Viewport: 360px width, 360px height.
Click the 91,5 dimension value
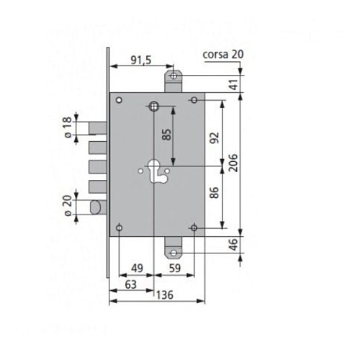[x=141, y=60]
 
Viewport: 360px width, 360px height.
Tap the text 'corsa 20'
[x=223, y=55]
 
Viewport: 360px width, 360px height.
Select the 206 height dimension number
[x=233, y=163]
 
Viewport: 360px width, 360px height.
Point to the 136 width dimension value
[x=165, y=295]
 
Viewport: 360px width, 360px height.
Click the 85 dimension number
[x=167, y=135]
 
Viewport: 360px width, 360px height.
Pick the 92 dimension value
[x=215, y=138]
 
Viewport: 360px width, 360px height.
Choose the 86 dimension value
[x=215, y=192]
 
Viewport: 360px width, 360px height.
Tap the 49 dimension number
[x=137, y=268]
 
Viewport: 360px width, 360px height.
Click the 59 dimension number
[x=174, y=268]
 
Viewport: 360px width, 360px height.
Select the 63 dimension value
[x=131, y=284]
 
